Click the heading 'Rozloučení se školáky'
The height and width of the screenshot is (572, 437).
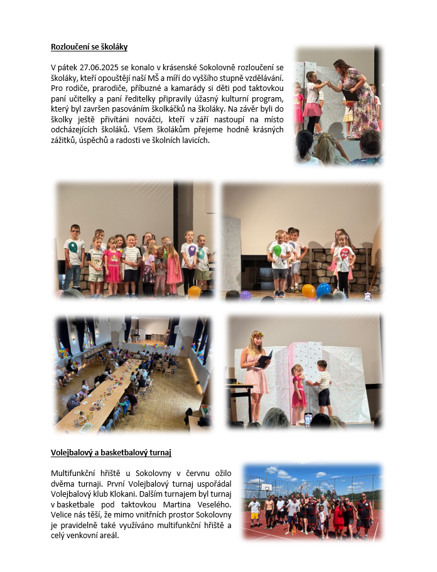89,47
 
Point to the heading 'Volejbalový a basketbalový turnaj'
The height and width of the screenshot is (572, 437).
111,452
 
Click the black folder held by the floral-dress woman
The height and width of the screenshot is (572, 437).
350,95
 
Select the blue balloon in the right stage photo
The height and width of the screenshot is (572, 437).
323,290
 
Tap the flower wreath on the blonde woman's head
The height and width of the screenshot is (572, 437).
256,335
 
